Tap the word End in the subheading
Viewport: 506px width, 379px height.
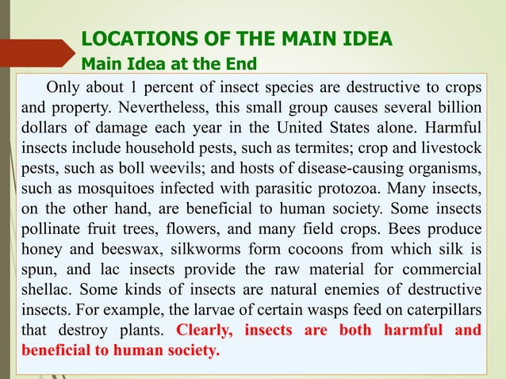[x=239, y=63]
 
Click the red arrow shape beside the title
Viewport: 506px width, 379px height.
[x=36, y=51]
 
